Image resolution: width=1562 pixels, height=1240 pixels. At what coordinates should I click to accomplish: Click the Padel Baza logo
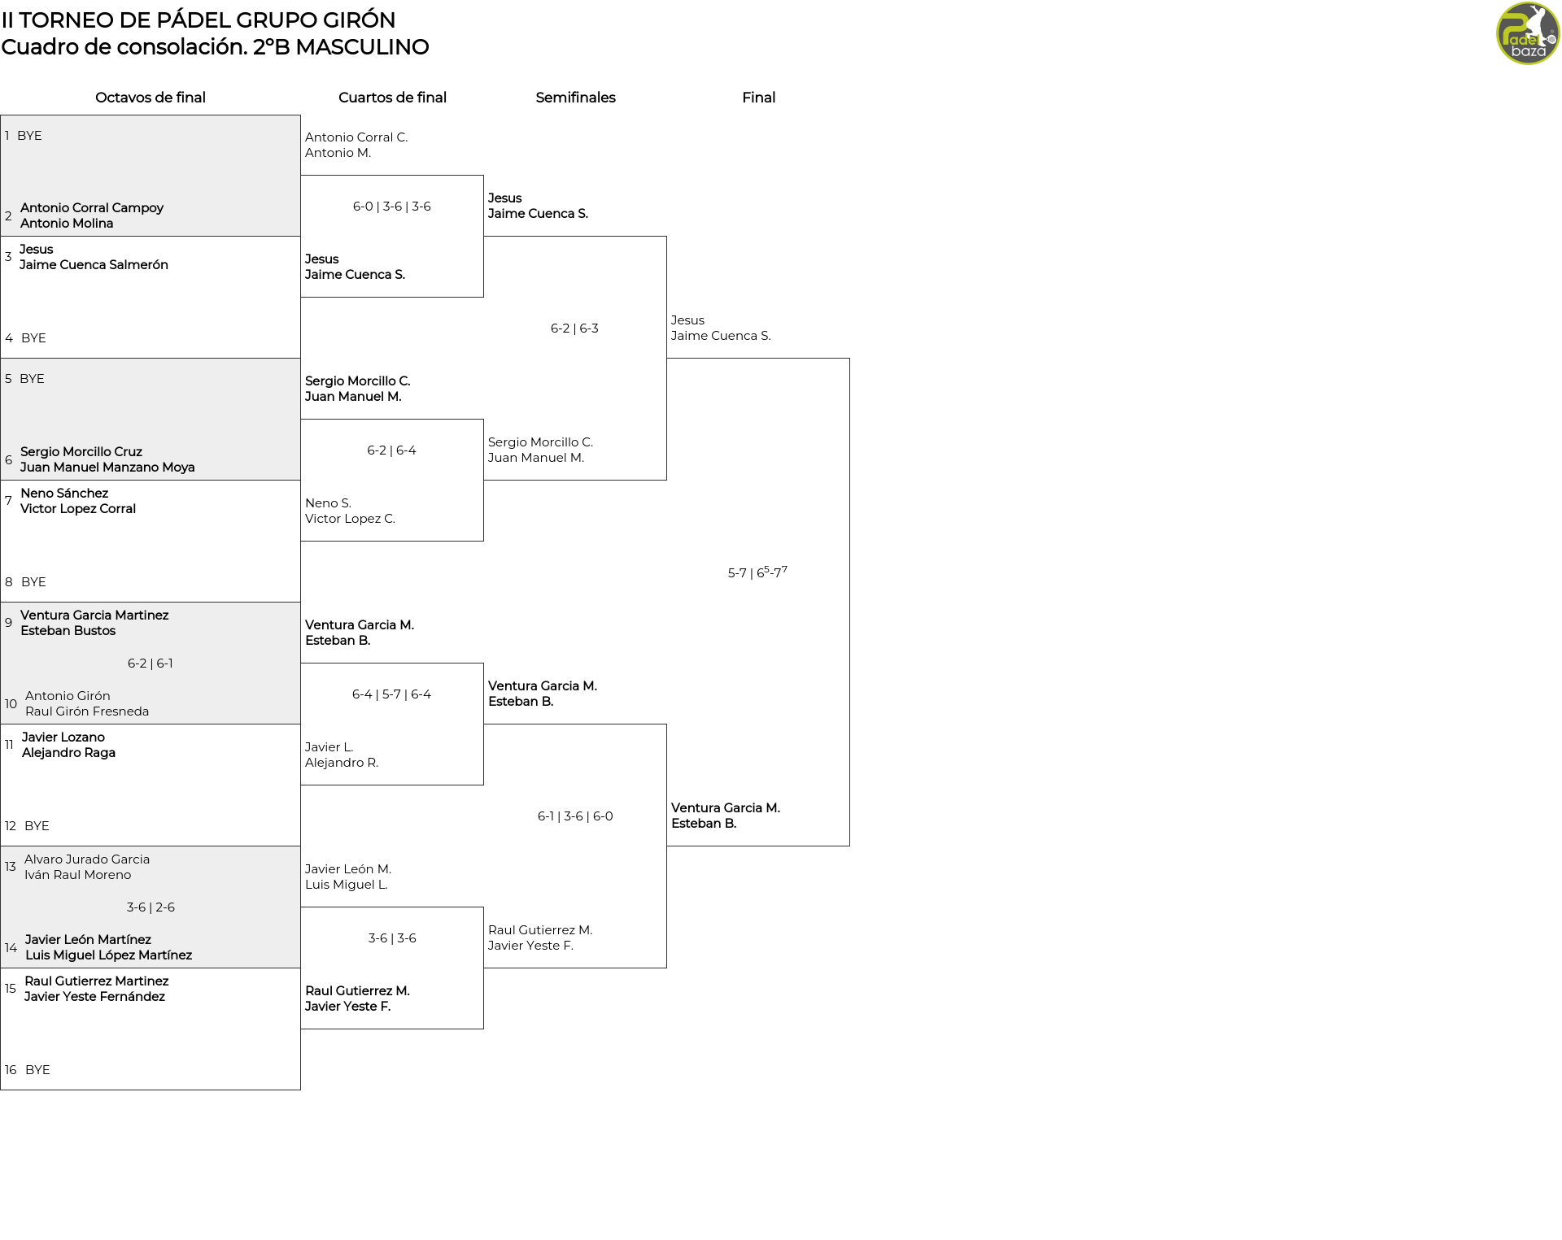(1528, 33)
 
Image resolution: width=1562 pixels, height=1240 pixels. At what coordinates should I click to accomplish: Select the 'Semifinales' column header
(575, 98)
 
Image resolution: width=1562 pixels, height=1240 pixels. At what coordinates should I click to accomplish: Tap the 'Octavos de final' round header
(151, 98)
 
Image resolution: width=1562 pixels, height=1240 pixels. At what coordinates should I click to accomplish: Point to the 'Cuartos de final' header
(392, 98)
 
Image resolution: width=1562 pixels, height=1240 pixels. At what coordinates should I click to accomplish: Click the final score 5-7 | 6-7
(757, 572)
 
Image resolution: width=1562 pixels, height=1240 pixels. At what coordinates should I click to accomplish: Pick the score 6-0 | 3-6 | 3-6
(392, 207)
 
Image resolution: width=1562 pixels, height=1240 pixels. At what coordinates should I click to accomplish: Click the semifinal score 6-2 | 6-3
(574, 328)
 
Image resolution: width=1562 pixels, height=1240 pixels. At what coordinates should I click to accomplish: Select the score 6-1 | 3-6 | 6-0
(575, 816)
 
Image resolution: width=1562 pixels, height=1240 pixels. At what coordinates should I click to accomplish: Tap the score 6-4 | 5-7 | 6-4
(392, 694)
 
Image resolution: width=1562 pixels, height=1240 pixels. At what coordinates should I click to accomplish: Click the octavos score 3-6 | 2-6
(151, 907)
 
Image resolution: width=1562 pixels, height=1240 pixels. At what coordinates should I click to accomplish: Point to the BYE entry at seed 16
(37, 1070)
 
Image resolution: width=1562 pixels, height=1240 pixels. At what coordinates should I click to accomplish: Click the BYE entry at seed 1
(29, 136)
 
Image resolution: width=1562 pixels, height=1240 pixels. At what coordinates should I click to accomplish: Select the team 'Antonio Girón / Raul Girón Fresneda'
(87, 703)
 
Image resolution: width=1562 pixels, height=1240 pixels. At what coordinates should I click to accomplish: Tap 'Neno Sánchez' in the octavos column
(64, 494)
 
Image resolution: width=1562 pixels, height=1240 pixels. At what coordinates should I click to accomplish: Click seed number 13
(11, 867)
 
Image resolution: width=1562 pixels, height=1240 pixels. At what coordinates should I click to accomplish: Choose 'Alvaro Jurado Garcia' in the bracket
(87, 859)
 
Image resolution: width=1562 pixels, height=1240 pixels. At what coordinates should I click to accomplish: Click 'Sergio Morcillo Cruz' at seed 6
(81, 452)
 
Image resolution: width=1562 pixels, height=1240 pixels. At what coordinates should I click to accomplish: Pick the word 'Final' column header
(758, 98)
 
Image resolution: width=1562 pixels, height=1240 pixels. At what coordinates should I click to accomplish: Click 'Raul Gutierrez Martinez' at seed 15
(97, 981)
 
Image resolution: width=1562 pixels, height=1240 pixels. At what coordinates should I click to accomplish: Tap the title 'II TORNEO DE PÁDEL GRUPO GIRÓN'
(199, 20)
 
